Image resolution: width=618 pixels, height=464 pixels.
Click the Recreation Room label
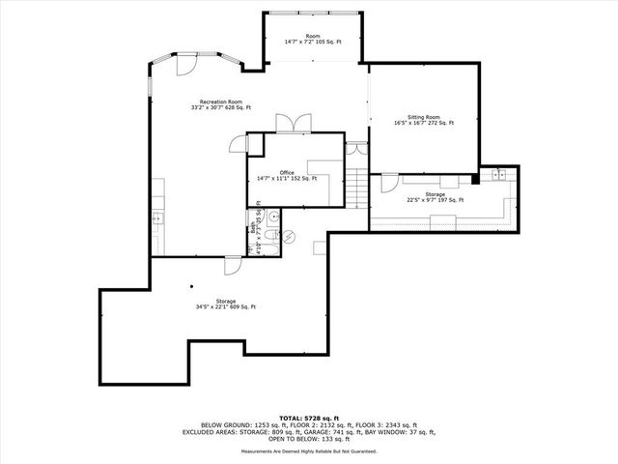[x=220, y=101]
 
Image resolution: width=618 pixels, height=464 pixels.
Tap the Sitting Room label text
[x=423, y=117]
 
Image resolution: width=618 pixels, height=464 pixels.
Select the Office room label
[x=287, y=173]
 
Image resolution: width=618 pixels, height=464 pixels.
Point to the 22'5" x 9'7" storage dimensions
[x=435, y=200]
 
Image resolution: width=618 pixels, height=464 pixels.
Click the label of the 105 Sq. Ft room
[x=314, y=37]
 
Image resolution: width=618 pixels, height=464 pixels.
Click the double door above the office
[x=293, y=124]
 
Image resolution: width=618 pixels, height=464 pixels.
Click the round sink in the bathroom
[x=273, y=217]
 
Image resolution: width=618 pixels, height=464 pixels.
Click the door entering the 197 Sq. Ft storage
[x=388, y=182]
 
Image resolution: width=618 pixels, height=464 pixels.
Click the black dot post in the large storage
[x=191, y=286]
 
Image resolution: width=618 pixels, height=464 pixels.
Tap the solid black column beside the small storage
[x=474, y=178]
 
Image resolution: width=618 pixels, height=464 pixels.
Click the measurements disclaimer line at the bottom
[x=309, y=450]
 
